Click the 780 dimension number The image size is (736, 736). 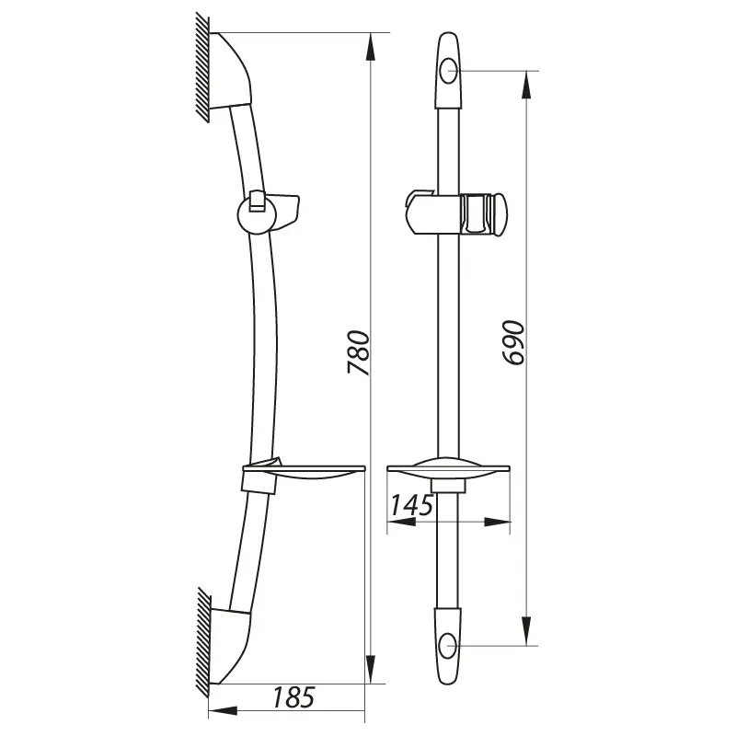(359, 352)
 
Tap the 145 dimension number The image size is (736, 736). (411, 505)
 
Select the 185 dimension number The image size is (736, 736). (293, 697)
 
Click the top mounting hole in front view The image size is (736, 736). (448, 72)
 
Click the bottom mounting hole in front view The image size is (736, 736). (448, 646)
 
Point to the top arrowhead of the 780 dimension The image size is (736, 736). (371, 47)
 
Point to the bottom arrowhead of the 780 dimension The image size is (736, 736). (371, 670)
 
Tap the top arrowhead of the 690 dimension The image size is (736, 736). (526, 85)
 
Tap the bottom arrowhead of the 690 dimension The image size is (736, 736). (526, 631)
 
